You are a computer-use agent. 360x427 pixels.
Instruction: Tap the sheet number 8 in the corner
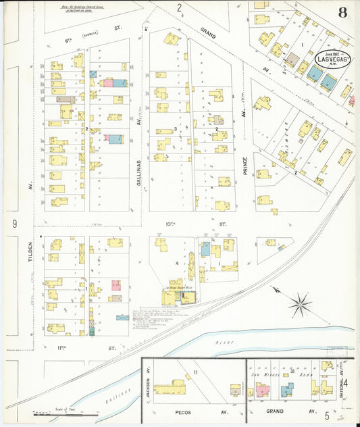[343, 13]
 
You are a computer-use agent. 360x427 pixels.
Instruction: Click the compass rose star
[301, 305]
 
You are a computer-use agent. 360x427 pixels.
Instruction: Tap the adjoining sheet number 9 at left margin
[14, 223]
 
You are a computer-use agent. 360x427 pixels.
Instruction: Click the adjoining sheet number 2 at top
[179, 8]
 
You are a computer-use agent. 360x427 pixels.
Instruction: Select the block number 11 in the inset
[196, 372]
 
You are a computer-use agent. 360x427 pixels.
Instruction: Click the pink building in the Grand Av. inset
[261, 391]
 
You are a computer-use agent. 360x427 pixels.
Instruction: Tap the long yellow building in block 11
[170, 388]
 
